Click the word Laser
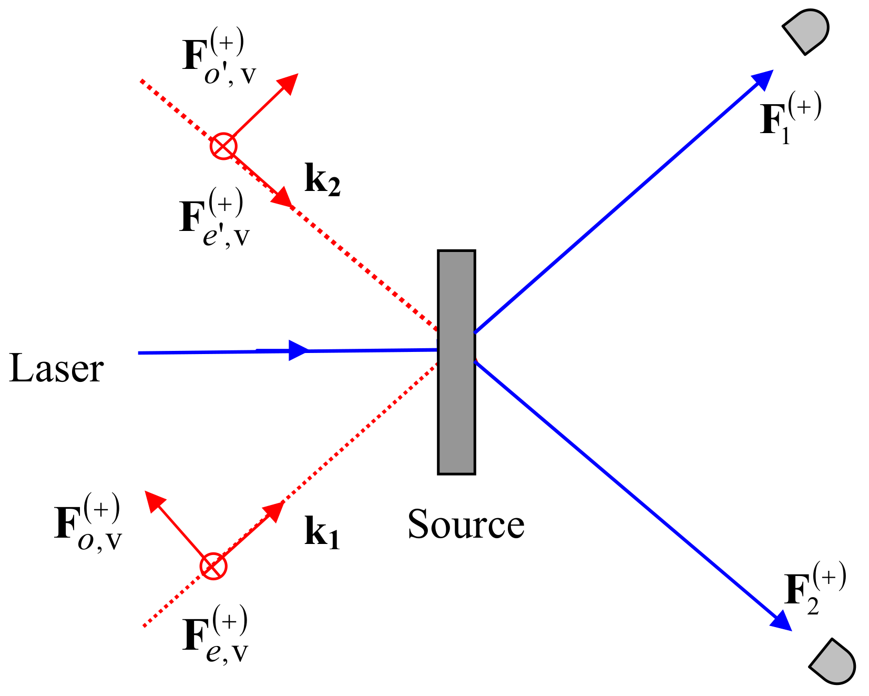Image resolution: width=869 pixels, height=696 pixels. pyautogui.click(x=57, y=369)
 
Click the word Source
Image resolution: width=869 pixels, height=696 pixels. pyautogui.click(x=466, y=524)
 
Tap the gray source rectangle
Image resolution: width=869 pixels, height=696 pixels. pyautogui.click(x=456, y=362)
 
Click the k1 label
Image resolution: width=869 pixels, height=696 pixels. pyautogui.click(x=322, y=533)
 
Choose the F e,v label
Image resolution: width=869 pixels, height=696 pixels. pyautogui.click(x=214, y=636)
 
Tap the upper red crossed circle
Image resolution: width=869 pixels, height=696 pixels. pyautogui.click(x=223, y=146)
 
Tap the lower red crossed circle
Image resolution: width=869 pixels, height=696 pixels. pyautogui.click(x=213, y=567)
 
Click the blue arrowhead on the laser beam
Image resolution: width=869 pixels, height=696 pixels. pyautogui.click(x=298, y=350)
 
